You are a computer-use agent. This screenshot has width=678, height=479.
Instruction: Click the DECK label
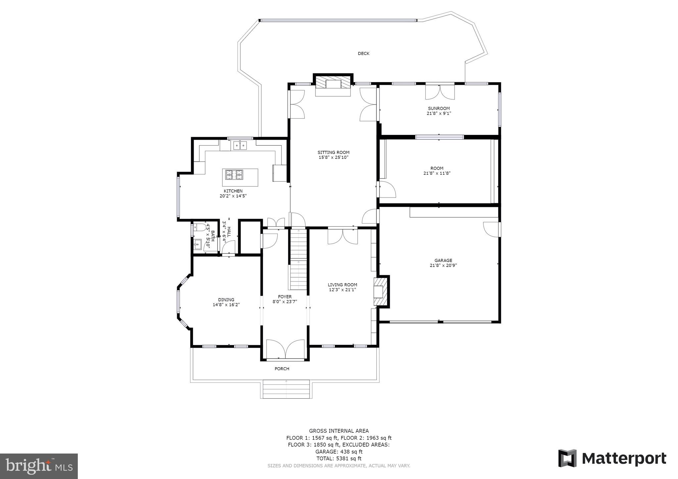[363, 54]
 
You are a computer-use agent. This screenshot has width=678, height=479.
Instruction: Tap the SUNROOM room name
[439, 109]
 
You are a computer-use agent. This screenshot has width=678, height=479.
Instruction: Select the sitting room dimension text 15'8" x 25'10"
[333, 157]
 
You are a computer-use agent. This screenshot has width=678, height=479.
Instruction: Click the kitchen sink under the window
[240, 145]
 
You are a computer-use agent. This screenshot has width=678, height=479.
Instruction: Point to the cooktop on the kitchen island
[234, 174]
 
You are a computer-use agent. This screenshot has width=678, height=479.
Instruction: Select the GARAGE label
[443, 260]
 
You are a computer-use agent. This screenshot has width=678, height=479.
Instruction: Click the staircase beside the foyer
[299, 260]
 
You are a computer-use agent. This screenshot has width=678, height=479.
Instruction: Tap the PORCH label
[282, 369]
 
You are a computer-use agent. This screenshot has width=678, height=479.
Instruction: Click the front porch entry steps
[286, 389]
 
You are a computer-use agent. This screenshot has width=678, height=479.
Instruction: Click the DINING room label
[226, 300]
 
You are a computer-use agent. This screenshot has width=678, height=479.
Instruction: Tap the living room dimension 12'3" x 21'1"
[342, 290]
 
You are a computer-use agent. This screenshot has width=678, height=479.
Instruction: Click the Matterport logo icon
[567, 458]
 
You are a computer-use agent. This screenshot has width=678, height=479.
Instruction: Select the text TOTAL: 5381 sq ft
[339, 458]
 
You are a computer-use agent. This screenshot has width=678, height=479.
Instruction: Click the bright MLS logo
[39, 466]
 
